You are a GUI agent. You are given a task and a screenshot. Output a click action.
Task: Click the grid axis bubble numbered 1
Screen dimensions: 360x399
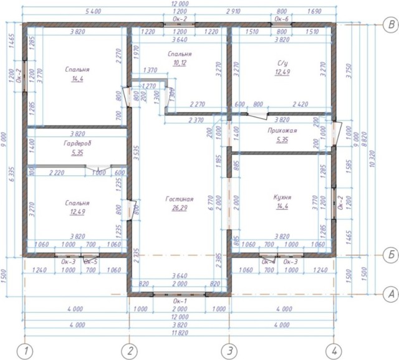coord(25,351)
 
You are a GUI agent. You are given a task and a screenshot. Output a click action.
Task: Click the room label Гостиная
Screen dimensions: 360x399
coord(180,199)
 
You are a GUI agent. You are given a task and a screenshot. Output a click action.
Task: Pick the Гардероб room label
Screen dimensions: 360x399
coord(77,143)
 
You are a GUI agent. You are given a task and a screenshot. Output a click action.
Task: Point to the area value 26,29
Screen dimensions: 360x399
coord(180,208)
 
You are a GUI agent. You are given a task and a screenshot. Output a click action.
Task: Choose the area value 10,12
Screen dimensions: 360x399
coord(180,64)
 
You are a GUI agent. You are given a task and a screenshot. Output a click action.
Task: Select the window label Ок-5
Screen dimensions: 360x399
coord(90,262)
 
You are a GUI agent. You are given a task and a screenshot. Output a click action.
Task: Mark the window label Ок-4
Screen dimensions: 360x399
coord(269,262)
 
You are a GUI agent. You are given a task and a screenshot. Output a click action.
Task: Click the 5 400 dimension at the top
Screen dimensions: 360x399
coord(75,12)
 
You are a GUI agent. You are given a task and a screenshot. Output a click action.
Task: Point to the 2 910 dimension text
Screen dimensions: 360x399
coord(231,12)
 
